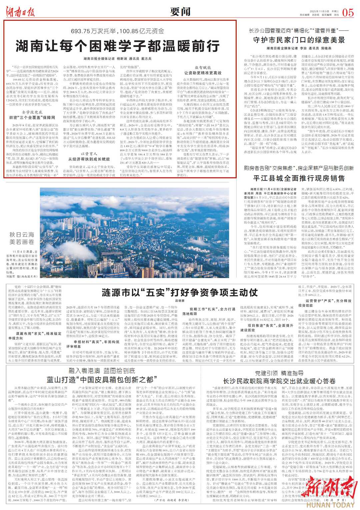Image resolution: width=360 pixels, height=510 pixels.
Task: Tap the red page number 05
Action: (x=348, y=13)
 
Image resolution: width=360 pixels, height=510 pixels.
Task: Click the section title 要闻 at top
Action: (x=180, y=12)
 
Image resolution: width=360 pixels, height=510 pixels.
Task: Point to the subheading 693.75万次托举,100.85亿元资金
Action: (x=117, y=31)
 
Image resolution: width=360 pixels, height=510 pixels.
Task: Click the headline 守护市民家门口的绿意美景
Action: (x=299, y=40)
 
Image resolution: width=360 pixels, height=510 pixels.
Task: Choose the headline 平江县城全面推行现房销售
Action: (x=299, y=178)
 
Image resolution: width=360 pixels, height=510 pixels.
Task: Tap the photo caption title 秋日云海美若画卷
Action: (x=22, y=238)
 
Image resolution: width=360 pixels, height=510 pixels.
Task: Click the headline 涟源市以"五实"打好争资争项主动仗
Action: (x=180, y=293)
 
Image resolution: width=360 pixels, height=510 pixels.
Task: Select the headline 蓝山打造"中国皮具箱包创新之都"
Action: (x=100, y=380)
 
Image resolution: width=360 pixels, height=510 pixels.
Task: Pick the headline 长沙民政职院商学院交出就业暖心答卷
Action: (x=279, y=381)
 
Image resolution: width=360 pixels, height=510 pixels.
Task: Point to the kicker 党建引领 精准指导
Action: (x=279, y=373)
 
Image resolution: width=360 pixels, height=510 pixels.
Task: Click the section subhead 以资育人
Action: (x=89, y=154)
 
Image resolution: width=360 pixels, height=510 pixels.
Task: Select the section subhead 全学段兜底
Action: (x=32, y=112)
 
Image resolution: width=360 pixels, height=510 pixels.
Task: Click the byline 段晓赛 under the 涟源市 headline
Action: (x=180, y=301)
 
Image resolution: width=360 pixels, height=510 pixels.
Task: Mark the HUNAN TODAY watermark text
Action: (x=330, y=505)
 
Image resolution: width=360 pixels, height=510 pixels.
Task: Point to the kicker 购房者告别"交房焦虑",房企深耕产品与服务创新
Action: (x=299, y=168)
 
